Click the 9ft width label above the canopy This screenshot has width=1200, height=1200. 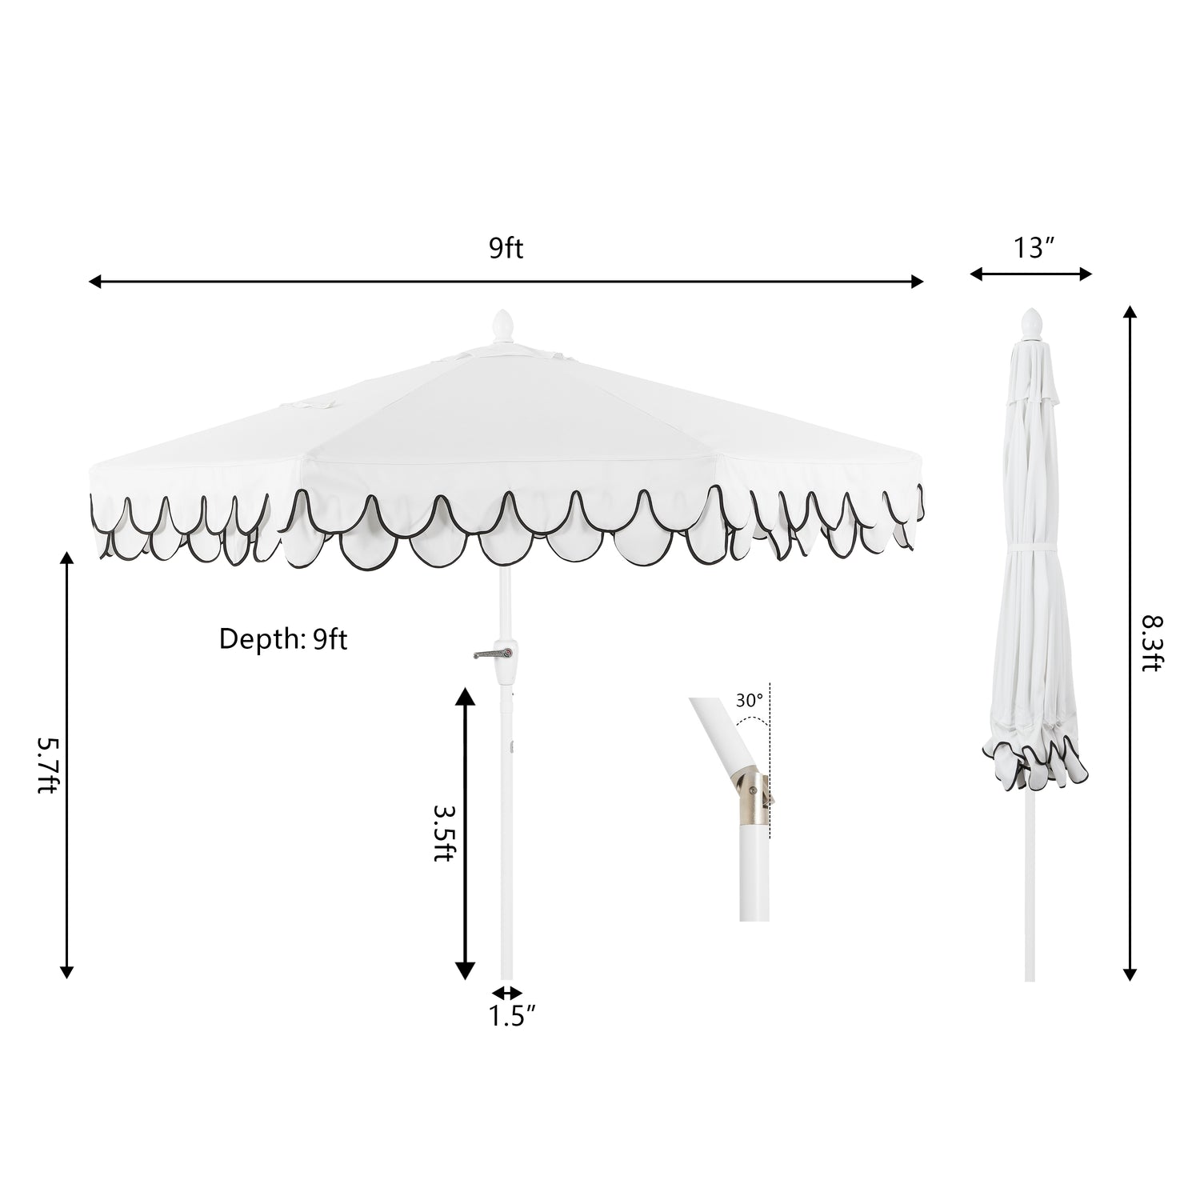(506, 249)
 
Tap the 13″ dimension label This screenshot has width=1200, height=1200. (1031, 249)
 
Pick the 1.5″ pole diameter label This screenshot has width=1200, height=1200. (512, 1017)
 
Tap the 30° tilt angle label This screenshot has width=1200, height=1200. (750, 701)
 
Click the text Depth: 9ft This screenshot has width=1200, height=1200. (283, 639)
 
